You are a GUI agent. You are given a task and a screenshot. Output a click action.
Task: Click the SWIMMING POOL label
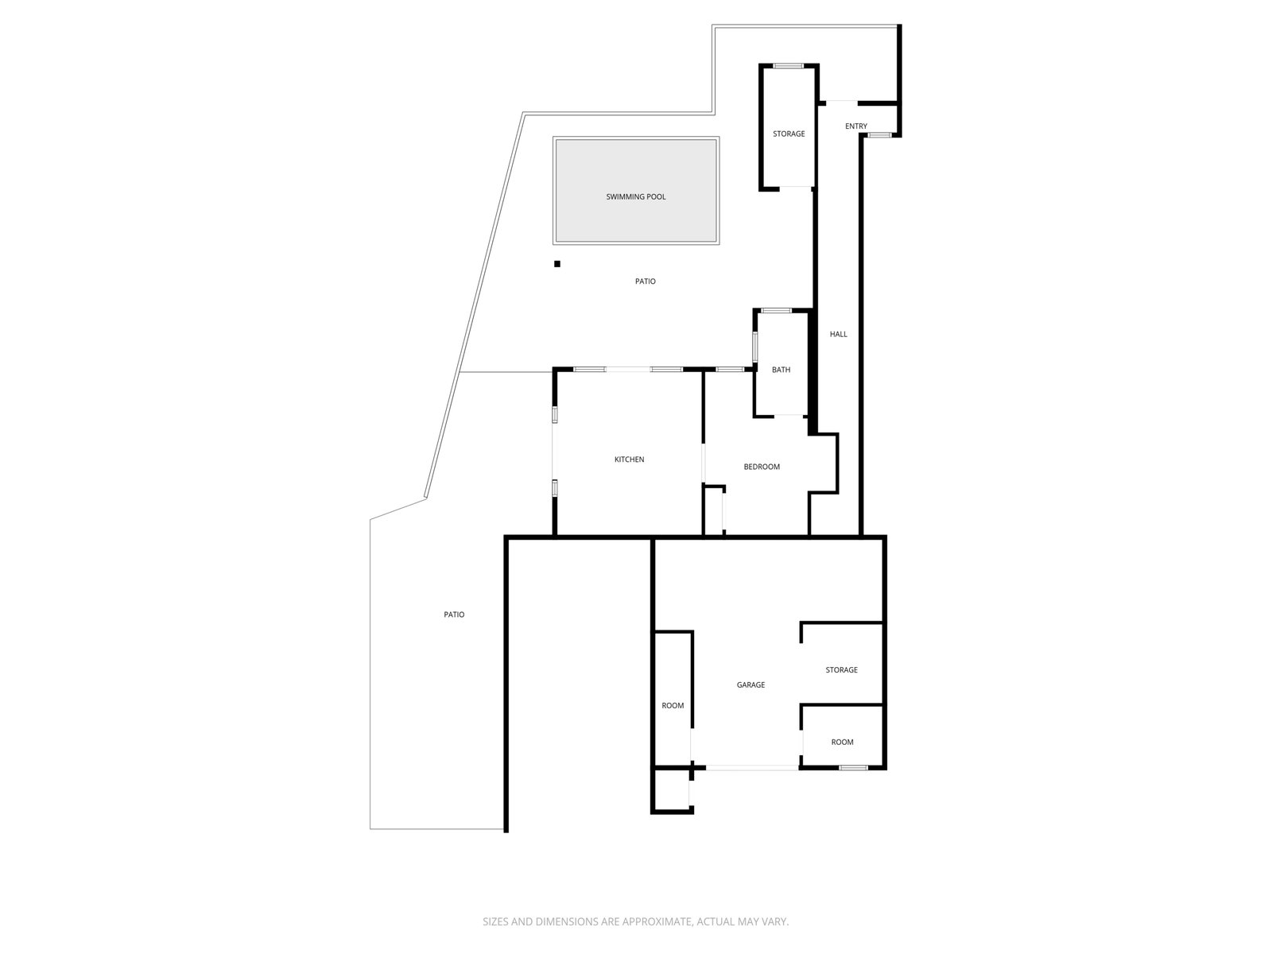pos(636,196)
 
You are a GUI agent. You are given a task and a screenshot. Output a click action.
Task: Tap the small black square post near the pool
pos(557,264)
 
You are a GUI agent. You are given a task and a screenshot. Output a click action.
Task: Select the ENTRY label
pos(856,126)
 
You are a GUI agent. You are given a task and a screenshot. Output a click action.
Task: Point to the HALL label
pos(839,334)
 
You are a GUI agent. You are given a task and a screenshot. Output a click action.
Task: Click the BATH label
pos(781,370)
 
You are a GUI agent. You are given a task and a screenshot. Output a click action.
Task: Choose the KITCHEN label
pos(629,460)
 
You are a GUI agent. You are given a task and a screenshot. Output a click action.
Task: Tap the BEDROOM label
pos(762,467)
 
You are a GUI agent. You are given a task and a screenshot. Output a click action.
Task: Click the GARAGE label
pos(750,684)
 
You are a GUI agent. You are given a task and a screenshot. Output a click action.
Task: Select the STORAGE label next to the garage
pos(841,670)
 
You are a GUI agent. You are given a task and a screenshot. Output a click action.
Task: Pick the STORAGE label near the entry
pos(789,134)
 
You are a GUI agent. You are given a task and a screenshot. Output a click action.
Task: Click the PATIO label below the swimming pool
pos(646,281)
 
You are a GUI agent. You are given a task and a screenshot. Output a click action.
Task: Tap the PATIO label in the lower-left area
pos(454,615)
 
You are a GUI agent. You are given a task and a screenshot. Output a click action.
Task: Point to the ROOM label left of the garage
pos(673,705)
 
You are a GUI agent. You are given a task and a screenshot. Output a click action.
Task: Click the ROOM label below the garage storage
pos(842,742)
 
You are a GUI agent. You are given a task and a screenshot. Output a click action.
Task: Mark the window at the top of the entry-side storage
pos(788,66)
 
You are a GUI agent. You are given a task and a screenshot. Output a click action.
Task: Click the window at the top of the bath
pos(776,310)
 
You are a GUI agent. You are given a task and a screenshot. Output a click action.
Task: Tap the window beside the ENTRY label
pos(878,136)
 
